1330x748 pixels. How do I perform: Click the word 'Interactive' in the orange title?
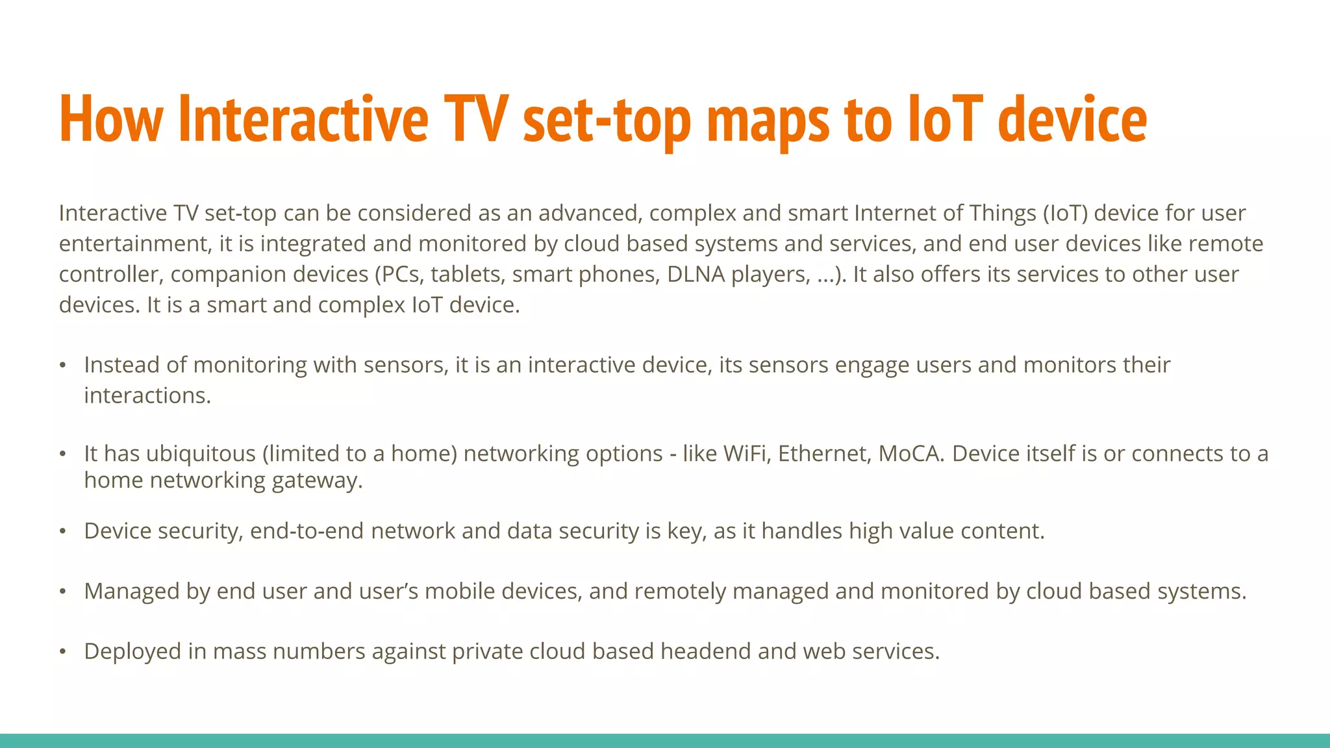pyautogui.click(x=303, y=119)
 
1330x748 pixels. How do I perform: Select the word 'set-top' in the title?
pyautogui.click(x=607, y=120)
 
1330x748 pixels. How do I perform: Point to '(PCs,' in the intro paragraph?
pyautogui.click(x=399, y=275)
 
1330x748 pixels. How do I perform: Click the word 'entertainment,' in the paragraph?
pyautogui.click(x=135, y=244)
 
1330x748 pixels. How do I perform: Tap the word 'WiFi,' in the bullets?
pyautogui.click(x=747, y=453)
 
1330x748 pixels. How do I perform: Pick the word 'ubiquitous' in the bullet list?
pyautogui.click(x=201, y=453)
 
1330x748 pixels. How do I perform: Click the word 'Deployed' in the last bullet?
pyautogui.click(x=132, y=651)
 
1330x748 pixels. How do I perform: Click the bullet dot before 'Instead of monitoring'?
pyautogui.click(x=63, y=366)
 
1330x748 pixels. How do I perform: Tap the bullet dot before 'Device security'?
pyautogui.click(x=63, y=532)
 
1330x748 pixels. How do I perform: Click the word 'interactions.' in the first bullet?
pyautogui.click(x=147, y=395)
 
